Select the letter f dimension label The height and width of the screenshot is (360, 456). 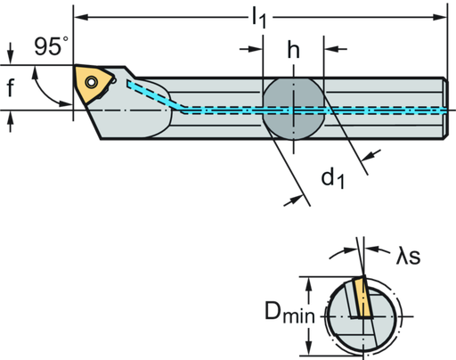click(x=12, y=86)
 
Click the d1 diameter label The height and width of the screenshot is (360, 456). click(x=332, y=177)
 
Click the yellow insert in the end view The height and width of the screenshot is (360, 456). click(x=361, y=299)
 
